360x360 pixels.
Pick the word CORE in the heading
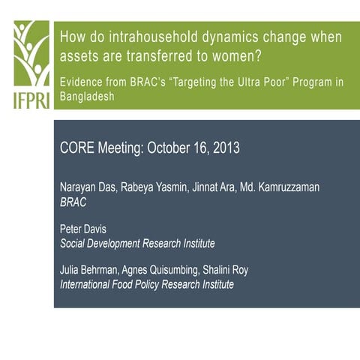[77, 148]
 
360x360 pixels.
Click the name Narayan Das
[88, 187]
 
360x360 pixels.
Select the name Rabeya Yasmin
[157, 187]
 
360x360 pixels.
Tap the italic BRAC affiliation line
[73, 202]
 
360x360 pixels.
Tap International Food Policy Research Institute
[146, 285]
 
